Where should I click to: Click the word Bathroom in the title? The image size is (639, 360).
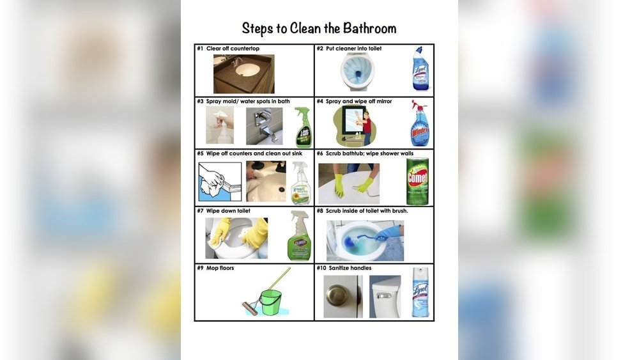[369, 29]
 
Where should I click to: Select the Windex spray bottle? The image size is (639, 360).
[419, 123]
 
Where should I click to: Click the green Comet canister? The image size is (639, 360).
[418, 181]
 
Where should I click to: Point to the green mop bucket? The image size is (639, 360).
[272, 302]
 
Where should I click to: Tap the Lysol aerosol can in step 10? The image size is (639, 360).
[420, 292]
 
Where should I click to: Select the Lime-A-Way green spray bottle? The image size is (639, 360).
[303, 127]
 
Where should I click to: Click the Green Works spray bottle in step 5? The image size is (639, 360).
[301, 183]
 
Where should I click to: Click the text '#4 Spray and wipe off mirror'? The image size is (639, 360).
[354, 101]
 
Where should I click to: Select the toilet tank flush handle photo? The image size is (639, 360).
[385, 297]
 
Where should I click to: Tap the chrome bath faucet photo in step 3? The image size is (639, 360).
[264, 126]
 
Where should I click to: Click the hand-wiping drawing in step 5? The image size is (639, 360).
[220, 182]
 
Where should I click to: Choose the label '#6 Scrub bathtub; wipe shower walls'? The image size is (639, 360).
[365, 153]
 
